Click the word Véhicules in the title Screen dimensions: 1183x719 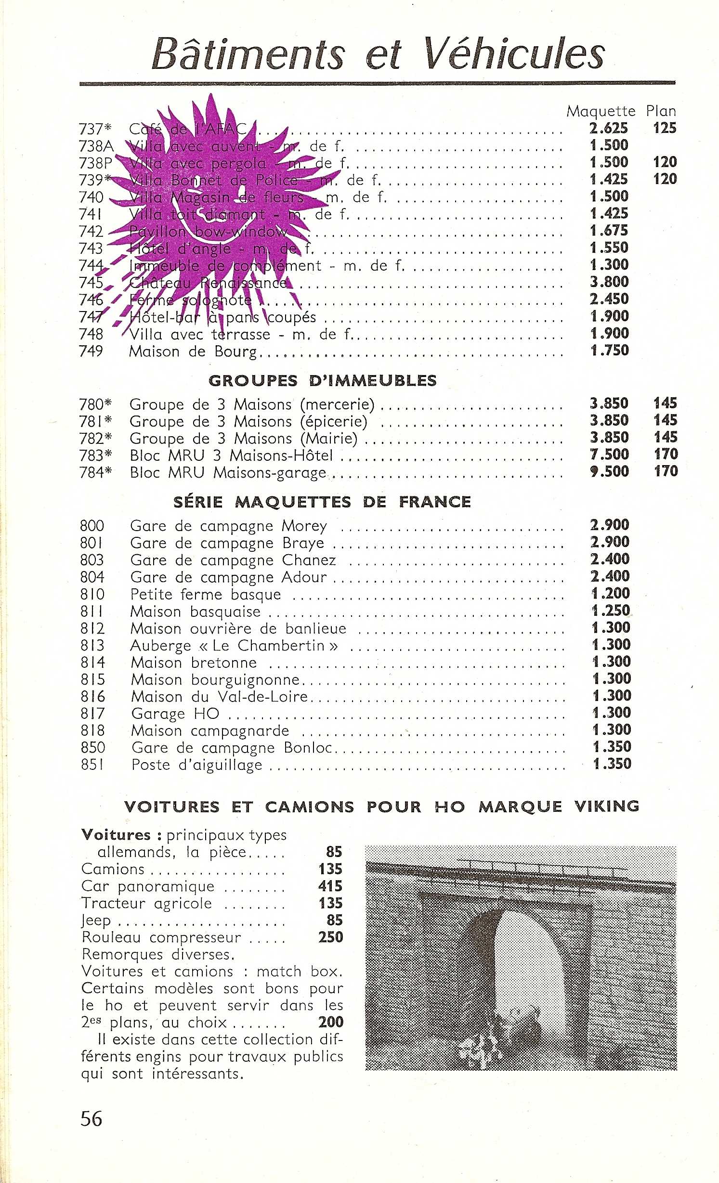pos(513,54)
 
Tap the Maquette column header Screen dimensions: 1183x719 pos(601,111)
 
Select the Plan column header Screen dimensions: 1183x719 pos(661,111)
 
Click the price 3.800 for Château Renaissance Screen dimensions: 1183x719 pos(609,282)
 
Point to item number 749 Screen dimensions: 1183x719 pos(91,351)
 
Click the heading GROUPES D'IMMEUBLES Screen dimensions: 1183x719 pos(323,380)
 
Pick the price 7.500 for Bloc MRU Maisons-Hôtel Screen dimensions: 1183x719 pos(609,454)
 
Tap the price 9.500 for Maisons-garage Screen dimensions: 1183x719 pos(609,471)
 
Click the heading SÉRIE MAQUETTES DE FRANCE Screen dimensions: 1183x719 pos(322,502)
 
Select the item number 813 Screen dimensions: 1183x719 pos(92,645)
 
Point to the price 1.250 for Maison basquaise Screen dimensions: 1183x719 pos(611,611)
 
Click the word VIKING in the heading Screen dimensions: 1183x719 pos(607,806)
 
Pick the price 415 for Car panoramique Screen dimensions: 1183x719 pos(330,886)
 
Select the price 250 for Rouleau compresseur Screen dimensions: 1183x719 pos(330,937)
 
